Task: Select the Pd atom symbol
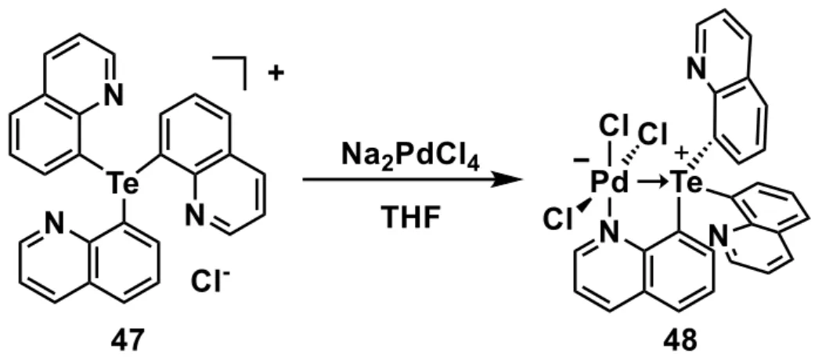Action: (x=609, y=183)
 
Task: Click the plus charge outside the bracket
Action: (x=276, y=74)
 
